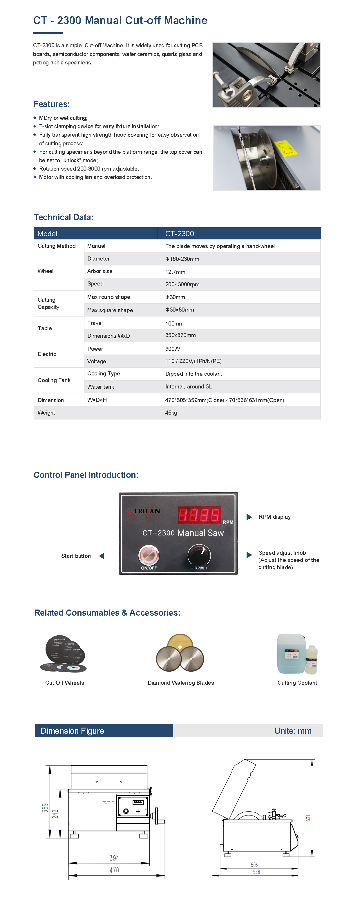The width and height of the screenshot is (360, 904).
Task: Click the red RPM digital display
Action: pos(199,515)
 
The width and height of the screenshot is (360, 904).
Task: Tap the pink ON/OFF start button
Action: pos(149,555)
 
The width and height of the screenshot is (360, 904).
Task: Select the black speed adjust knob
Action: pos(199,554)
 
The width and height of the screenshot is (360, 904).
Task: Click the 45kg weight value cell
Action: pos(171,413)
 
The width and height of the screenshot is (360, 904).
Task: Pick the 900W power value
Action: pos(173,349)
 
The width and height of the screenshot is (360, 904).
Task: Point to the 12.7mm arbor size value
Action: pos(175,272)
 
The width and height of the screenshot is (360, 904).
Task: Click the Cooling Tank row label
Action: pos(54,380)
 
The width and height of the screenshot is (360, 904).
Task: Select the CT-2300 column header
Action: pos(180,233)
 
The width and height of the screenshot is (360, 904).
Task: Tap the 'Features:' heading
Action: pos(52,104)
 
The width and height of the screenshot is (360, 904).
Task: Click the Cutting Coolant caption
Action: pos(297,683)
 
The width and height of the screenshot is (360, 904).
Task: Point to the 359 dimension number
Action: pos(45,808)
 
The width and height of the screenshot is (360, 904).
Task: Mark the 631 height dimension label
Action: pos(308,818)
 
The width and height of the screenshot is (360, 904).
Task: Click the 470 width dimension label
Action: pos(114,870)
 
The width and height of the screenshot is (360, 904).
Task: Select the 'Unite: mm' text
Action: pos(293,731)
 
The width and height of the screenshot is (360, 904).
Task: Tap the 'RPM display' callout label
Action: pos(275,517)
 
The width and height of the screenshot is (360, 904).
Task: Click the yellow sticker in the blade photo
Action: pos(286,148)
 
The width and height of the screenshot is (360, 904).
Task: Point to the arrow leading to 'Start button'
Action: pos(102,556)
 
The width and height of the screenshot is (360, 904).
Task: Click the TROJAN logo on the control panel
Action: pos(144,511)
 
